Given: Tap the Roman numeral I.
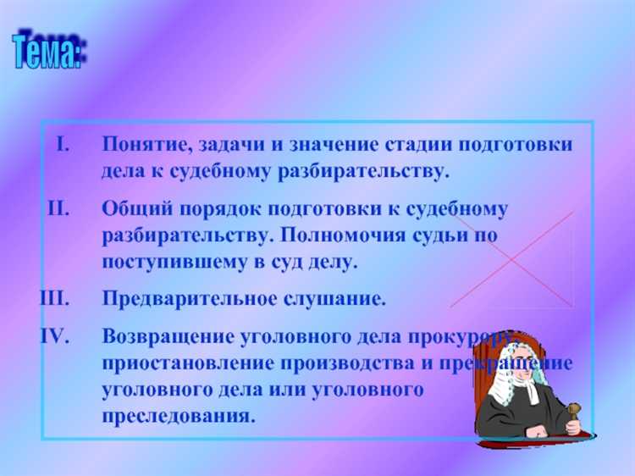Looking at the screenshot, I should [x=62, y=145].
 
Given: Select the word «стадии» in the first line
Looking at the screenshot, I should [x=406, y=145].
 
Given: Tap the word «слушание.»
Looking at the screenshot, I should [x=339, y=300].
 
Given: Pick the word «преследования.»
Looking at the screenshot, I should [x=178, y=417].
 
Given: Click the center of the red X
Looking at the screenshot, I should [x=511, y=259].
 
